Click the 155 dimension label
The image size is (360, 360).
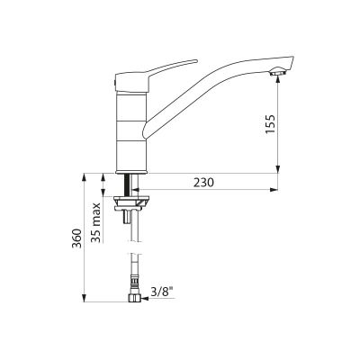click(270, 124)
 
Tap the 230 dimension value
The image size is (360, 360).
click(203, 183)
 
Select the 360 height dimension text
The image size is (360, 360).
click(77, 238)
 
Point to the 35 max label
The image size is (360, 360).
click(95, 222)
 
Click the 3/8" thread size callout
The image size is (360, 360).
click(163, 292)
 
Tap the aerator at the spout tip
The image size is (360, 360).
click(278, 73)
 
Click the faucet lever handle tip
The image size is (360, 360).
click(195, 61)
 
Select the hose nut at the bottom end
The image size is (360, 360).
click(134, 299)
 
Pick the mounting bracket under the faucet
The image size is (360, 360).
click(131, 202)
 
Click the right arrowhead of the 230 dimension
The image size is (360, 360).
click(274, 190)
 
